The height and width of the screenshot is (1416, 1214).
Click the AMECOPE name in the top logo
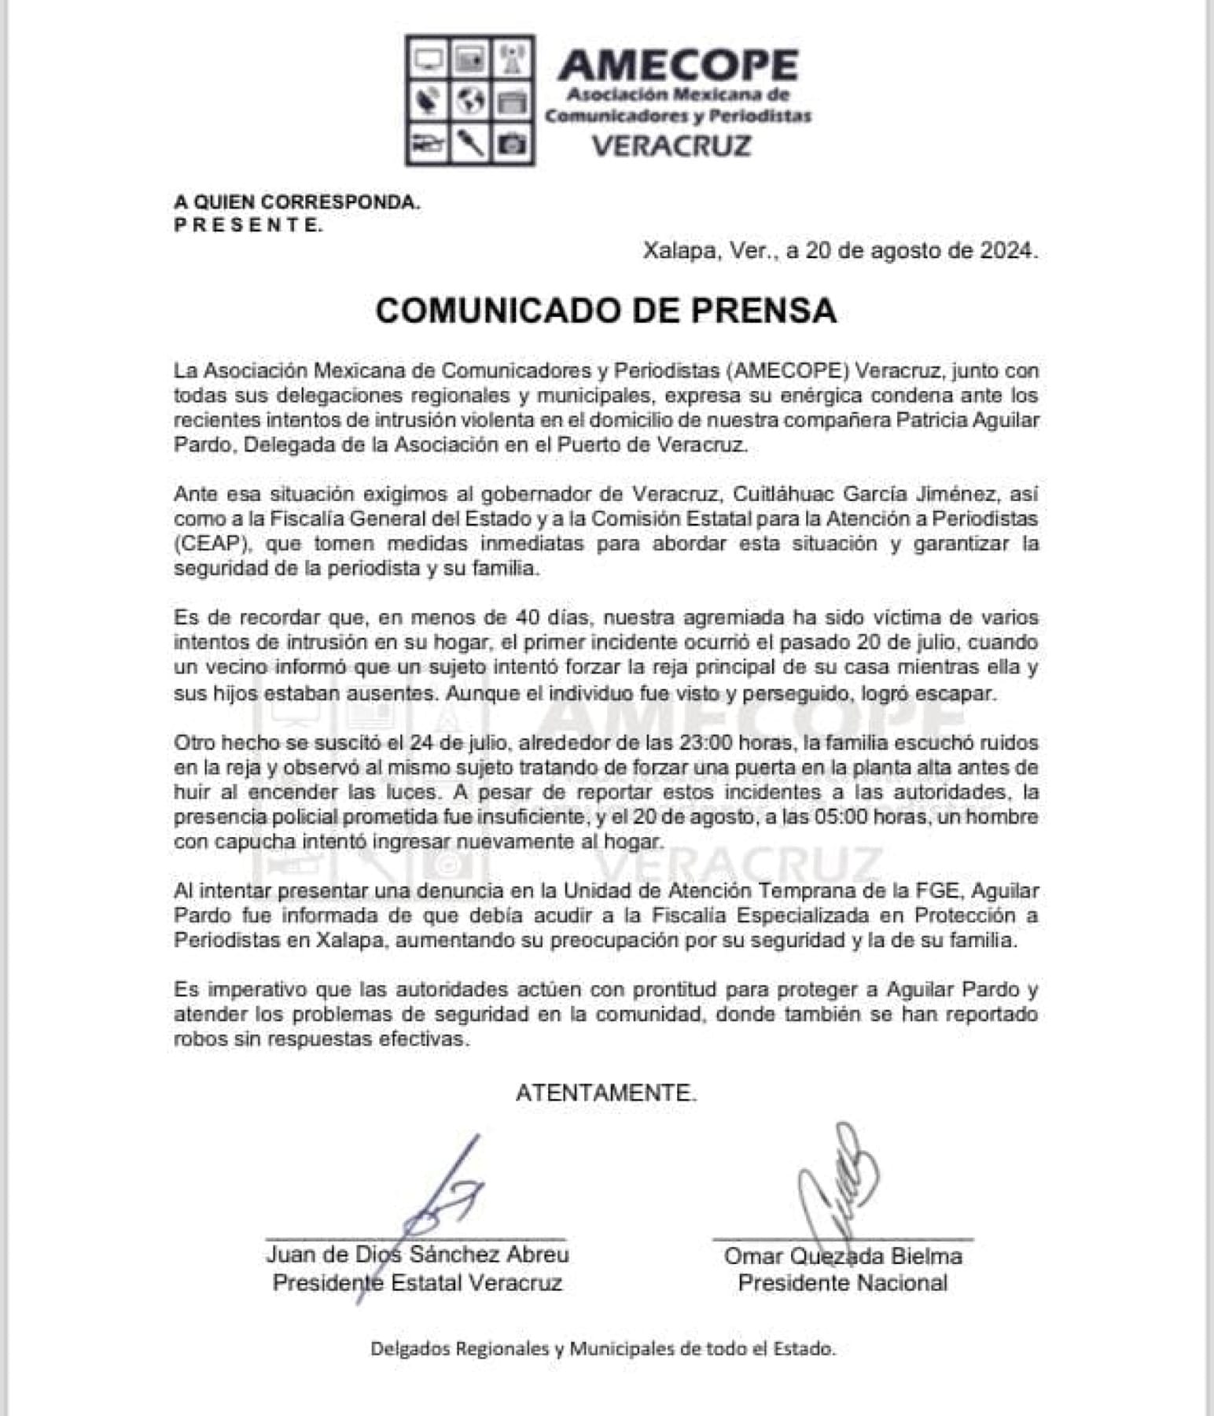pos(678,65)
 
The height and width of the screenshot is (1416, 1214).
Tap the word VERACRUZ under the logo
pos(671,146)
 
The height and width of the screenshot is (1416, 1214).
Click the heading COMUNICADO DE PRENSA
pos(605,311)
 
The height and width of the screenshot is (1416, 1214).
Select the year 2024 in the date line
pos(1006,250)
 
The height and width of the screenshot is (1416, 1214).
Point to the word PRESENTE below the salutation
pos(248,225)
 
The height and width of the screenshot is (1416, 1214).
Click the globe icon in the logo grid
pos(470,100)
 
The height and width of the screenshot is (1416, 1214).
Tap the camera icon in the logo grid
pos(513,144)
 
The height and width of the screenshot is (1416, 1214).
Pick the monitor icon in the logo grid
pos(428,58)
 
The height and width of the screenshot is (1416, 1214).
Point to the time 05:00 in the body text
pos(821,817)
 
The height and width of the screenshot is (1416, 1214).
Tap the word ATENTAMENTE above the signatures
pos(606,1093)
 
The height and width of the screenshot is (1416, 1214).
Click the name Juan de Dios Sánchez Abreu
pos(418,1254)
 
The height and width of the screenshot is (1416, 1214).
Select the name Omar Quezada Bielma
pos(843,1256)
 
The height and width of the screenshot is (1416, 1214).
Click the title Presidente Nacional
pos(843,1283)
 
